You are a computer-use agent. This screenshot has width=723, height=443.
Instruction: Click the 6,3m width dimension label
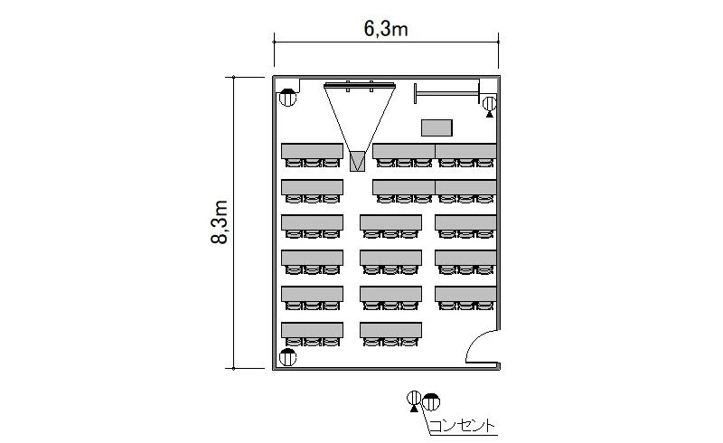click(386, 29)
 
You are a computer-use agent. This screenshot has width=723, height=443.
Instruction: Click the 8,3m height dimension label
click(220, 222)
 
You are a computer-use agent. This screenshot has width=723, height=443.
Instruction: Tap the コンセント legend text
click(462, 426)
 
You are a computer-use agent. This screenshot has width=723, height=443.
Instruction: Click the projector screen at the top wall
click(359, 85)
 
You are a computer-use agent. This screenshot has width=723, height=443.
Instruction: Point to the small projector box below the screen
click(357, 161)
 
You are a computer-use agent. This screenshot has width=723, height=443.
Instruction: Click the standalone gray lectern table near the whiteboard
click(437, 127)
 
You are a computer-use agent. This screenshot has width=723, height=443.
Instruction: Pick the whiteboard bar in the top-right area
click(446, 94)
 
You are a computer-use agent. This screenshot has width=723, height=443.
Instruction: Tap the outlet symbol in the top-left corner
click(287, 98)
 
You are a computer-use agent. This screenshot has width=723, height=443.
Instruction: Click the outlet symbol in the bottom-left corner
click(287, 357)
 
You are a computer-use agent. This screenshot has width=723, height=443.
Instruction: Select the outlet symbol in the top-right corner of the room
click(489, 105)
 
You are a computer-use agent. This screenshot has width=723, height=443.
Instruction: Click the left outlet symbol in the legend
click(414, 401)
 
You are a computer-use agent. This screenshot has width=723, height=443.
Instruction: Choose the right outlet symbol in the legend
click(431, 402)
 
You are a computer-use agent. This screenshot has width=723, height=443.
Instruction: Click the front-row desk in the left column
click(312, 151)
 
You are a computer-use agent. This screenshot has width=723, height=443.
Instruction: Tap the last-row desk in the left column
click(312, 330)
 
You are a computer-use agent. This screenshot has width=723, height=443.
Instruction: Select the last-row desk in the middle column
click(390, 330)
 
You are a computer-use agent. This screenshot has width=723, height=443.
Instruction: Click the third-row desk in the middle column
click(390, 222)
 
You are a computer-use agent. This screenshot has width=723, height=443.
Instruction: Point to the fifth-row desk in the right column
click(465, 294)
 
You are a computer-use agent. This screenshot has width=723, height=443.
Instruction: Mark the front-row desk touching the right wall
click(465, 151)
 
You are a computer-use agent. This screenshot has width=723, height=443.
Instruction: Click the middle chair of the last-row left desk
click(312, 342)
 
